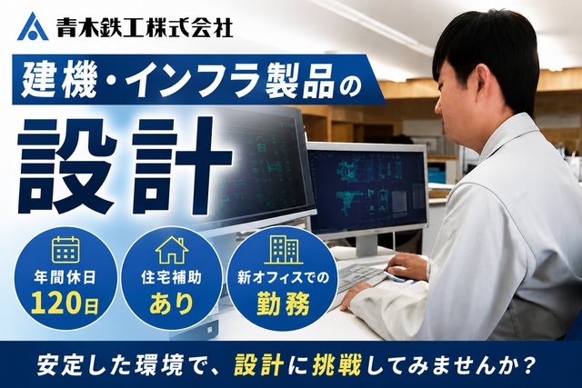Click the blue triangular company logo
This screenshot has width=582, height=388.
point(33,26)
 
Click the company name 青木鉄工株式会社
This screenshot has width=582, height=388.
point(145,28)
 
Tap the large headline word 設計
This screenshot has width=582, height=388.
point(125,166)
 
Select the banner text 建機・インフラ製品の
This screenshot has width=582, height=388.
point(191,80)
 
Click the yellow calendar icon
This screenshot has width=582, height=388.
point(65,249)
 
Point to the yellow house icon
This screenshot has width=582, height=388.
point(172,250)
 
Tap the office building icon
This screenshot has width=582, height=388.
point(284,249)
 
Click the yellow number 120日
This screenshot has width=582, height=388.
point(65,303)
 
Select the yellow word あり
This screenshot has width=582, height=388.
point(172,303)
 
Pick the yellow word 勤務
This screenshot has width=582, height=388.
point(283,303)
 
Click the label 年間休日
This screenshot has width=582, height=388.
point(65,277)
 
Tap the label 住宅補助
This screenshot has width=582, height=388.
point(172,277)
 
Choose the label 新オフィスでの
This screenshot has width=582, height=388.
point(283,277)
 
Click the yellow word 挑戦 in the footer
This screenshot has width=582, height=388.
point(337,365)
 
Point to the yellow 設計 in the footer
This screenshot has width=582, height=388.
point(259,365)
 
